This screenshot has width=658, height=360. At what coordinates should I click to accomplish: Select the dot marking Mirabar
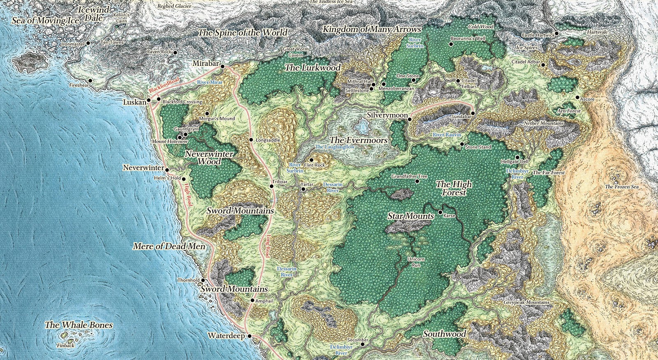point(222,66)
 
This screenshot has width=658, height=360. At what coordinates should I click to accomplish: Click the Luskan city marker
point(148,100)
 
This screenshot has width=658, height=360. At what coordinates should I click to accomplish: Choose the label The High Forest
point(454,188)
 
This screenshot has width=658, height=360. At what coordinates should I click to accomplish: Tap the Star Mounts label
point(411,216)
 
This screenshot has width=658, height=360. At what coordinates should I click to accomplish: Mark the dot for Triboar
point(271,187)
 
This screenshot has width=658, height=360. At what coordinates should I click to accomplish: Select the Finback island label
point(66,346)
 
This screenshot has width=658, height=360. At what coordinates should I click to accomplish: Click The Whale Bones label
point(79,325)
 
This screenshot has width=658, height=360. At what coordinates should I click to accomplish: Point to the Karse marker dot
point(440,212)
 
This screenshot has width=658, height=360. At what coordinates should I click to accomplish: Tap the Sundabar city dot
point(473,113)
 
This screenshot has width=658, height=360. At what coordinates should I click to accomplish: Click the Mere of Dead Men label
point(171,246)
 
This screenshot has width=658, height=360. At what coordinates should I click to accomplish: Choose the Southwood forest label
point(445,334)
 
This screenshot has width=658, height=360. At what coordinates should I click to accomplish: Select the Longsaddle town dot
point(251,140)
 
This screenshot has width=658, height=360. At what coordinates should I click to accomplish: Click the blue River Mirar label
point(210,82)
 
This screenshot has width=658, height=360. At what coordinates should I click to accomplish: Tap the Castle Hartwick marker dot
point(556,34)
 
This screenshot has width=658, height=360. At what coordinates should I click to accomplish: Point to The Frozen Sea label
point(622,187)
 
